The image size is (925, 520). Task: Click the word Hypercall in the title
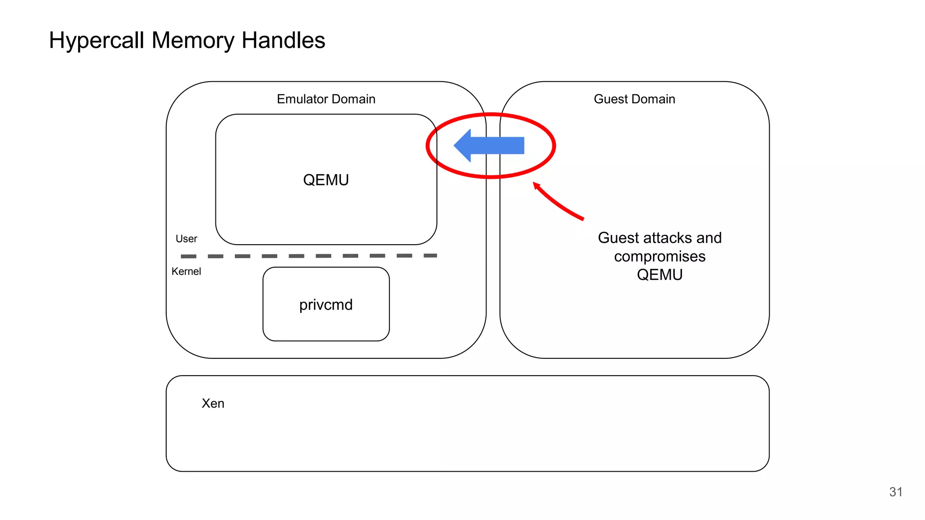[x=97, y=41]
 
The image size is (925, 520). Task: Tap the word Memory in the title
[x=193, y=41]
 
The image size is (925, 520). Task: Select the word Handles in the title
[x=283, y=41]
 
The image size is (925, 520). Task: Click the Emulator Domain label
[x=326, y=99]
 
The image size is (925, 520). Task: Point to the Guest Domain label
[x=634, y=99]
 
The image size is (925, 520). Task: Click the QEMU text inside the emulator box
[x=326, y=180]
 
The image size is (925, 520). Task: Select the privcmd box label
[x=326, y=305]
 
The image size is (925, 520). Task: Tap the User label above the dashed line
[x=186, y=239]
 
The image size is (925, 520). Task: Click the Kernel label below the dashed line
[x=186, y=271]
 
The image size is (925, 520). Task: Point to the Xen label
[x=213, y=403]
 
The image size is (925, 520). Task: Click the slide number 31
[x=896, y=492]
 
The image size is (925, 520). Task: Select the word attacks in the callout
[x=667, y=238]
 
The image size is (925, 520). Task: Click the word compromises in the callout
[x=659, y=256]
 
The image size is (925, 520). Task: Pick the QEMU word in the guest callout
[x=659, y=274]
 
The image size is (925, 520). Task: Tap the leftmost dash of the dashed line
[x=188, y=256]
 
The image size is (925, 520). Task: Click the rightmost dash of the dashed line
[x=430, y=255]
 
